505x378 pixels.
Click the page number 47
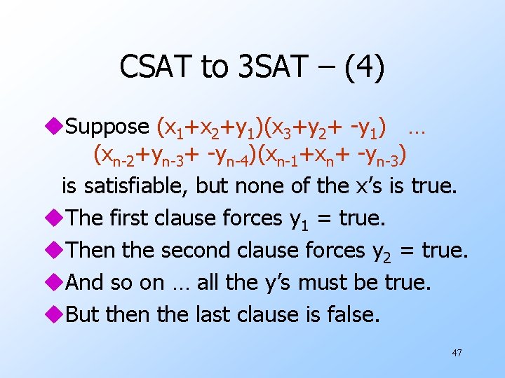tap(457, 353)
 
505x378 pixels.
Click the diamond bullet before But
tap(56, 314)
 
